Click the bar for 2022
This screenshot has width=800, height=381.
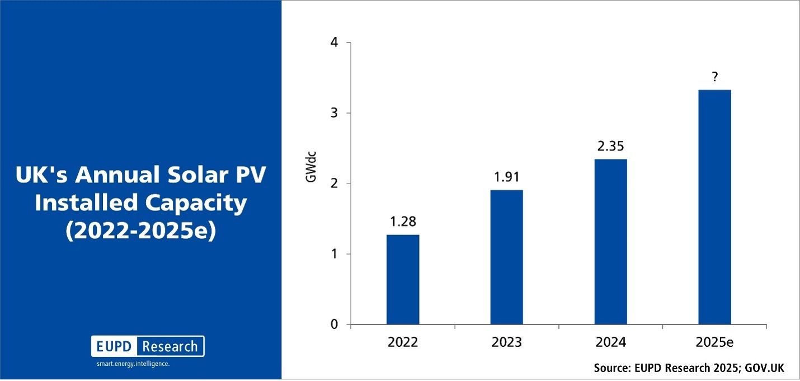(x=403, y=279)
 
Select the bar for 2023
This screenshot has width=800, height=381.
(x=507, y=257)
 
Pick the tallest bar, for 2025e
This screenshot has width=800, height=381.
(x=715, y=207)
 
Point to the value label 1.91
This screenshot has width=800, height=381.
(x=507, y=177)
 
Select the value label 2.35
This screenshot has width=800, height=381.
(x=610, y=147)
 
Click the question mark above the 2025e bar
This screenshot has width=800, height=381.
(x=715, y=77)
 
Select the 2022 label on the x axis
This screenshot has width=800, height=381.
(x=403, y=342)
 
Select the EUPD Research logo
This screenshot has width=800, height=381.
(x=148, y=346)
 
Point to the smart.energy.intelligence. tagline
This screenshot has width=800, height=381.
(x=133, y=364)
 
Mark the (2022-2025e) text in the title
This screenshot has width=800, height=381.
(x=141, y=231)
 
